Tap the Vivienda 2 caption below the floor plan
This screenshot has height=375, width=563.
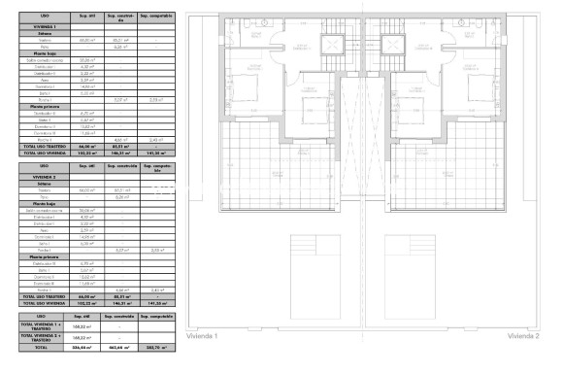522,335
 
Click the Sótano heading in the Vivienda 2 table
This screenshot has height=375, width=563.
37,182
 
